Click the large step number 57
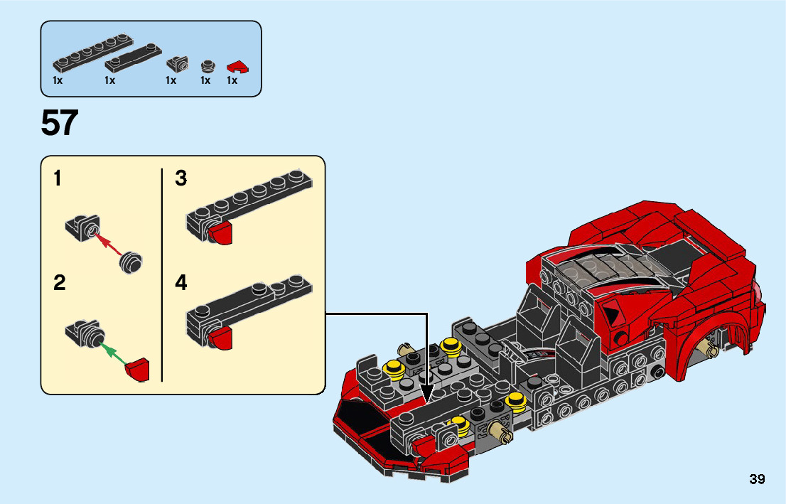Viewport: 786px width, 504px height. [60, 124]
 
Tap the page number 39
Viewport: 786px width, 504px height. [757, 479]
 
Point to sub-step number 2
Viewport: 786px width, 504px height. [60, 284]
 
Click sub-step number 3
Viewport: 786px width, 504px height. [181, 179]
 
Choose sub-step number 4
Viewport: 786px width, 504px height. [181, 284]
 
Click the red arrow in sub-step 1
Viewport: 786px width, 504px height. [110, 245]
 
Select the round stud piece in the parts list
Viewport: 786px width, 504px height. [207, 67]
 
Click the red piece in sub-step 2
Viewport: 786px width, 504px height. [137, 370]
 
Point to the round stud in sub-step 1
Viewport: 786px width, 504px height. [131, 262]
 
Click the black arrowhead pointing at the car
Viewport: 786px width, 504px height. [427, 392]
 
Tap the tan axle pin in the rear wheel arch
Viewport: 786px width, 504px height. [708, 348]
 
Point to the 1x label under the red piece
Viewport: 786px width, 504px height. [232, 81]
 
